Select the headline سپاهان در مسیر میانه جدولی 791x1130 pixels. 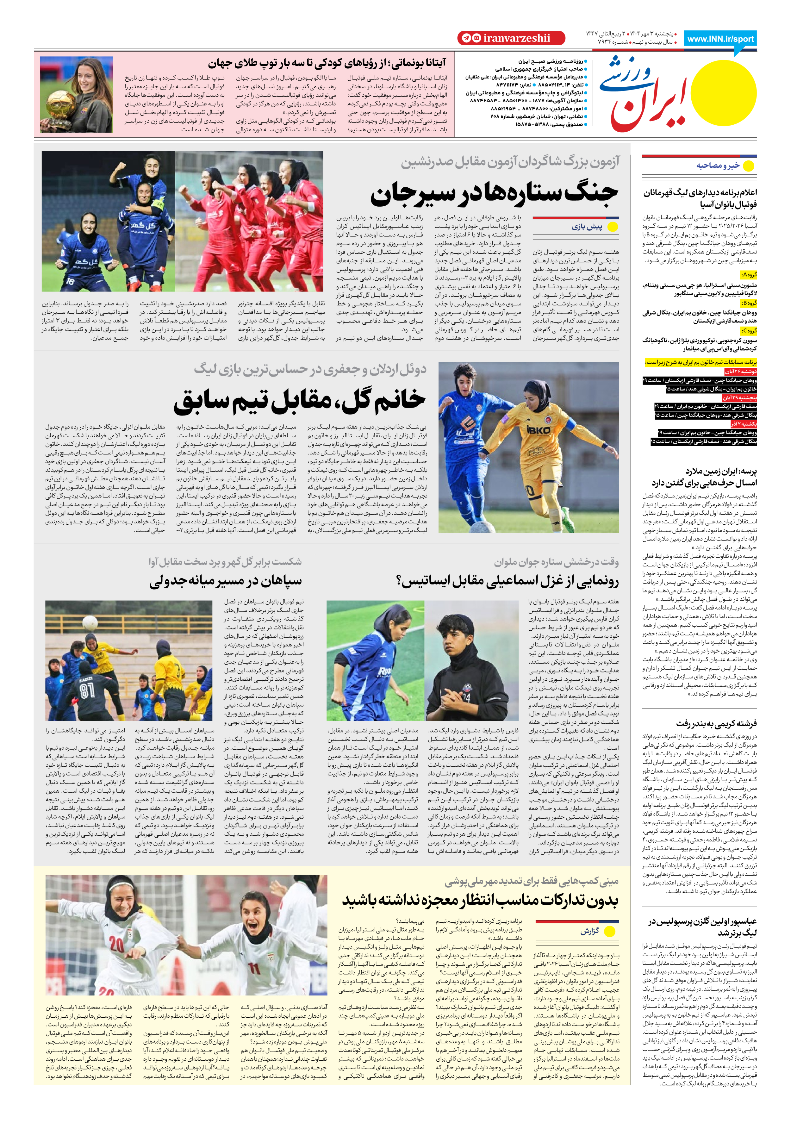coord(226,582)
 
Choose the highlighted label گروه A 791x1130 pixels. coord(749,275)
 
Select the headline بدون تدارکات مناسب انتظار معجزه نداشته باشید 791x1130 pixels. coord(480,900)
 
